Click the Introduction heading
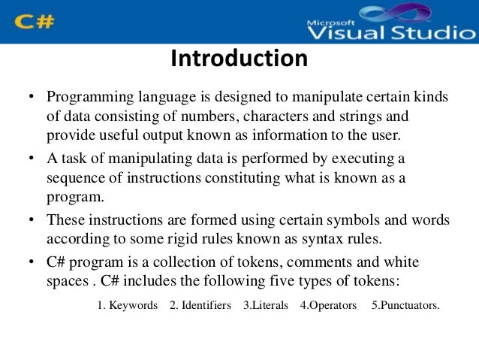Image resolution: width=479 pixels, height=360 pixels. [x=239, y=59]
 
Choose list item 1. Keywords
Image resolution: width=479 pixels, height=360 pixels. [x=128, y=306]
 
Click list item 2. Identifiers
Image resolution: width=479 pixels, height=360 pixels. [x=200, y=306]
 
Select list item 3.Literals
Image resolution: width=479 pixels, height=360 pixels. [x=266, y=306]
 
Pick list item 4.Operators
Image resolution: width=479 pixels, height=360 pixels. [x=328, y=306]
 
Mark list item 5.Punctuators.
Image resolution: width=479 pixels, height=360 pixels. [x=405, y=306]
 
